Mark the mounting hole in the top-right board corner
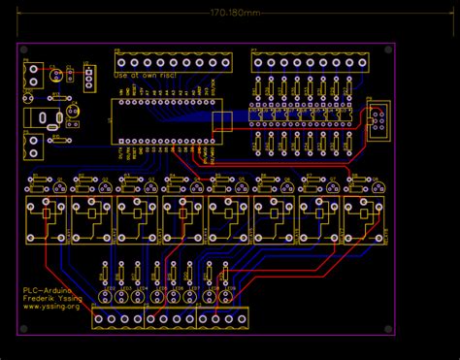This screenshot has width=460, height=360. pyautogui.click(x=379, y=51)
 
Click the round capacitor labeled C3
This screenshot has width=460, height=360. pyautogui.click(x=57, y=74)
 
